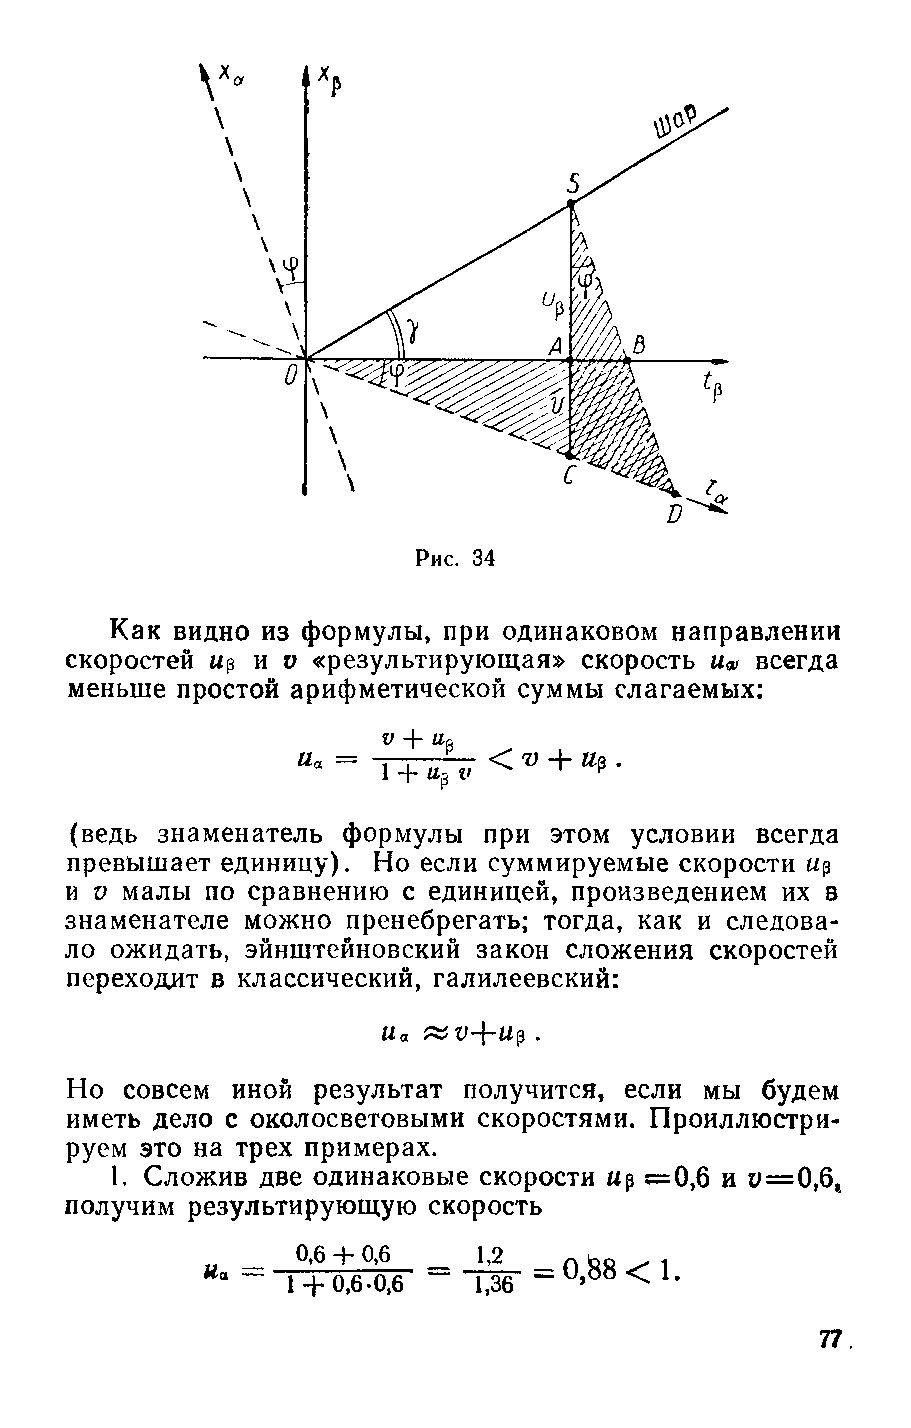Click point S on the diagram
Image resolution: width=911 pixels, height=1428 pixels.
pos(571,203)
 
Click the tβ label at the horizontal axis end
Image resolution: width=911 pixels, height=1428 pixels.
pos(711,390)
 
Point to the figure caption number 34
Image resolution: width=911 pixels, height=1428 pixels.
pos(482,558)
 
